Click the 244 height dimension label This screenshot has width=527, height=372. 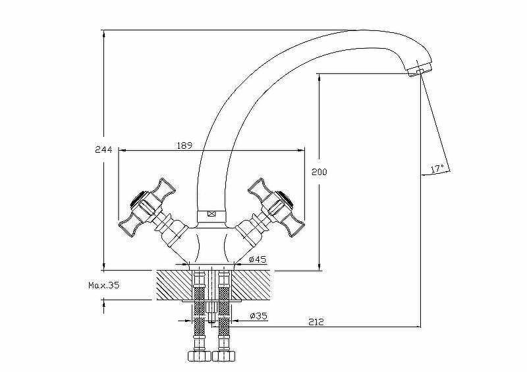(x=103, y=150)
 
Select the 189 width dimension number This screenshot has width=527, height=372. (x=185, y=146)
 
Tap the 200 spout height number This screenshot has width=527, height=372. (x=319, y=172)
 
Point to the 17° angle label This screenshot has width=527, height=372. (x=437, y=169)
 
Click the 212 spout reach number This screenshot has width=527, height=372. (x=316, y=322)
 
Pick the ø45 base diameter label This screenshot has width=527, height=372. (x=258, y=259)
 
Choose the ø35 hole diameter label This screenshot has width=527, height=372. (x=258, y=315)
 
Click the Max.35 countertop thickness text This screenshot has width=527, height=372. (x=104, y=285)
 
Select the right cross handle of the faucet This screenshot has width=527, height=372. (x=276, y=207)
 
